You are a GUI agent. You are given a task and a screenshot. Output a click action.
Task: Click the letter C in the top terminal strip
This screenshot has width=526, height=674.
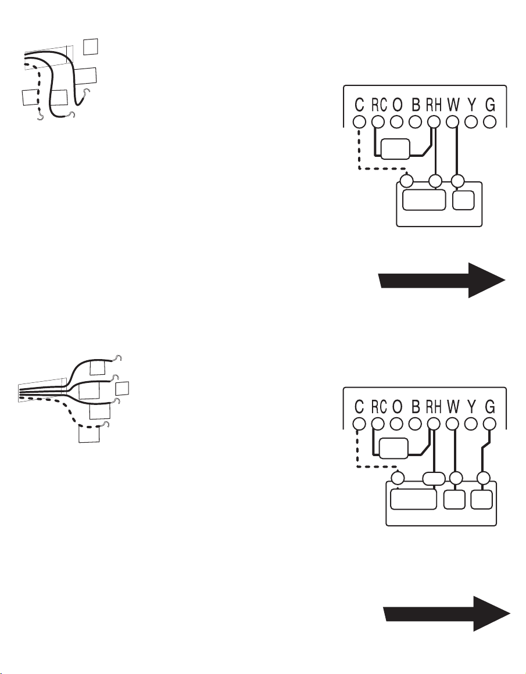tap(359, 105)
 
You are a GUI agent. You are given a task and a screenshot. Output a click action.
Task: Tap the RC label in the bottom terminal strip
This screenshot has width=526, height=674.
tap(379, 406)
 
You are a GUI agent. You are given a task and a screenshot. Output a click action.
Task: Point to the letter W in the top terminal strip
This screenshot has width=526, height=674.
tap(453, 105)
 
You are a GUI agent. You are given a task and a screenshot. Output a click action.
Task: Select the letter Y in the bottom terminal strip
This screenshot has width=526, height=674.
tap(472, 406)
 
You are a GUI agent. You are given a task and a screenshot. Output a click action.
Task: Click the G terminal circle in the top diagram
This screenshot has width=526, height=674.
tap(489, 122)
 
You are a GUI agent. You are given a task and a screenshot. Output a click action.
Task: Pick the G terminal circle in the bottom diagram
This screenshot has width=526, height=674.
tap(489, 424)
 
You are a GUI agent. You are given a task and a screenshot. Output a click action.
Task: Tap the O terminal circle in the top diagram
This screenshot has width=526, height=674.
tap(396, 122)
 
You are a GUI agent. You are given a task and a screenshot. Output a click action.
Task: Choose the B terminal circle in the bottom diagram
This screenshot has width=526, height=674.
tap(415, 424)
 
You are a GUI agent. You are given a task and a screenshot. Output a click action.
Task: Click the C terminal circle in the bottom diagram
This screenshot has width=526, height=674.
tap(359, 424)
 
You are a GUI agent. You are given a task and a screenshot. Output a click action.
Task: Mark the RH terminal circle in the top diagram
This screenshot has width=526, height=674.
tap(434, 122)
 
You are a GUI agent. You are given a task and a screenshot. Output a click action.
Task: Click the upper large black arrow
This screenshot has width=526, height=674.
tap(442, 280)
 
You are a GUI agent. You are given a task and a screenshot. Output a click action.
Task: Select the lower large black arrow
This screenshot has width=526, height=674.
tap(447, 614)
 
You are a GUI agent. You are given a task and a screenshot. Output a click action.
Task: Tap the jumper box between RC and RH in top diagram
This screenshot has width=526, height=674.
tap(395, 149)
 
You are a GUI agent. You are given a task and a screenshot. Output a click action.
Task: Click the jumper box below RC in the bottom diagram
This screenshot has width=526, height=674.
tap(393, 449)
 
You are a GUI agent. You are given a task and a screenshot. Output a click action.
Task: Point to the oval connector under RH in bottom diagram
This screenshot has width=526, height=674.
tap(434, 478)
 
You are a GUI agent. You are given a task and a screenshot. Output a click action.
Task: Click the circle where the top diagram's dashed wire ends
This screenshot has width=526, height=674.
tap(407, 181)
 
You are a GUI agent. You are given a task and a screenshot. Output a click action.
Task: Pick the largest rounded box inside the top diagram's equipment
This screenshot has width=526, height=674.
tap(424, 200)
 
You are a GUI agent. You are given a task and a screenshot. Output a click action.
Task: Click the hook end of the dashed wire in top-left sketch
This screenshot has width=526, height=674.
tap(41, 117)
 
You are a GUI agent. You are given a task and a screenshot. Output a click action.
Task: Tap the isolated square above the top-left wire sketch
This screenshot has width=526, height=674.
tap(90, 47)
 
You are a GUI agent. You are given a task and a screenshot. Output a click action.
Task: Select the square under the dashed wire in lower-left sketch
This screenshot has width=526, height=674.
tap(89, 433)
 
